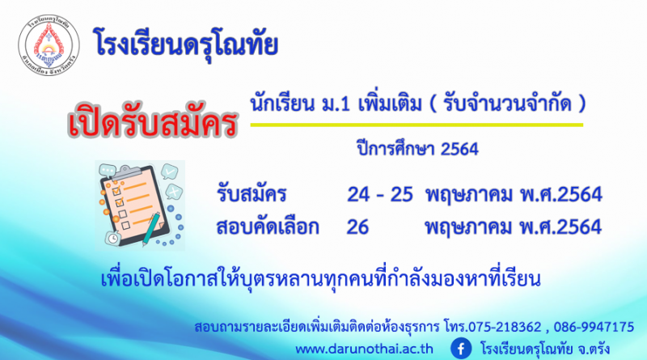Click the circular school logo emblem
(49, 45)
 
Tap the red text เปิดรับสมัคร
(153, 121)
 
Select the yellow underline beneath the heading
(417, 125)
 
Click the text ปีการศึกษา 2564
(417, 149)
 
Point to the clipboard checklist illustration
(140, 205)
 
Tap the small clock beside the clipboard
(112, 238)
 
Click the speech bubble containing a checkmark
(169, 172)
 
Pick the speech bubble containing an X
(174, 192)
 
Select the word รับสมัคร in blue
(252, 194)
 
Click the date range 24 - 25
(379, 194)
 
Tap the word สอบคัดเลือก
(268, 227)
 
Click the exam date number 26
(357, 227)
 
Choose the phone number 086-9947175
(594, 327)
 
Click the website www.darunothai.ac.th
(365, 349)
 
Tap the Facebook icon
(461, 349)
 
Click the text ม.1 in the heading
(336, 104)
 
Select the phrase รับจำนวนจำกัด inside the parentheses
(508, 104)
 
